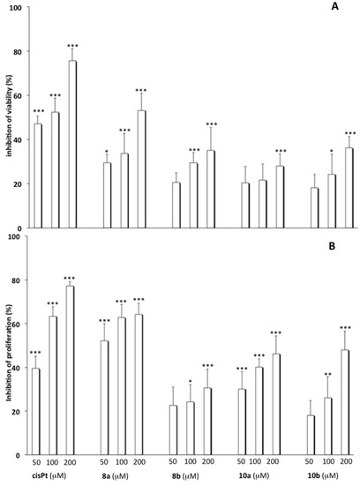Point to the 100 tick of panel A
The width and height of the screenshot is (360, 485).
[15, 8]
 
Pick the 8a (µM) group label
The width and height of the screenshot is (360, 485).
[121, 478]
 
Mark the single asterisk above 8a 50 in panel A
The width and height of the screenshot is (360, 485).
[108, 152]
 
